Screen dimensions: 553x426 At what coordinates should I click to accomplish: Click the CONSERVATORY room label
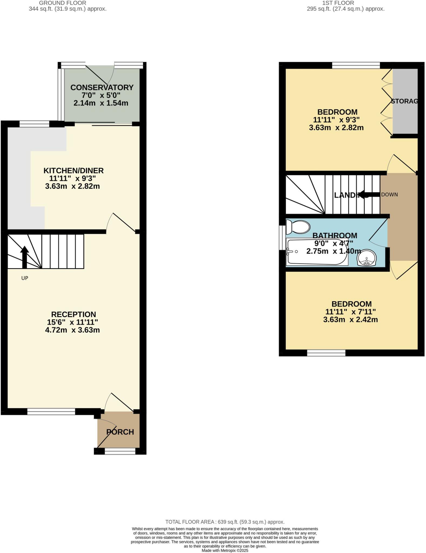coord(102,87)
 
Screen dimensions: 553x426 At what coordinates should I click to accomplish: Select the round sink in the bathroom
coord(366,258)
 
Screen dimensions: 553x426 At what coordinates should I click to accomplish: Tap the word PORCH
coord(120,432)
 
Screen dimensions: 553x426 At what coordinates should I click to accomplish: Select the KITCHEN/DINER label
coord(74,171)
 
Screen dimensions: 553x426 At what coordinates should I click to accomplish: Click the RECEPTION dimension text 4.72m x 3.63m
coord(72,330)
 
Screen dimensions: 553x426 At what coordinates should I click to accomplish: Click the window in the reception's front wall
coord(51,412)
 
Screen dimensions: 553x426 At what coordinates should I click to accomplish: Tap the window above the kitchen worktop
coord(35,124)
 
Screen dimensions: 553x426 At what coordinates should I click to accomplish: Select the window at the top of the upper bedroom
coord(356,65)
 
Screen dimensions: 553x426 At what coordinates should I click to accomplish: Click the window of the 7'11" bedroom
coord(326,353)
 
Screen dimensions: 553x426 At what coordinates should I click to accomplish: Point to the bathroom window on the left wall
coord(282,238)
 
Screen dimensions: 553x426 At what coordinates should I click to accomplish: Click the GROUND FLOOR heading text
coord(63,3)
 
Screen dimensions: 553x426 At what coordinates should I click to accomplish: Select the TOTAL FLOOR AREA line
coord(225,522)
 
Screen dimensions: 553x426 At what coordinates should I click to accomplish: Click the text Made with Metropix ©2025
coord(225,550)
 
